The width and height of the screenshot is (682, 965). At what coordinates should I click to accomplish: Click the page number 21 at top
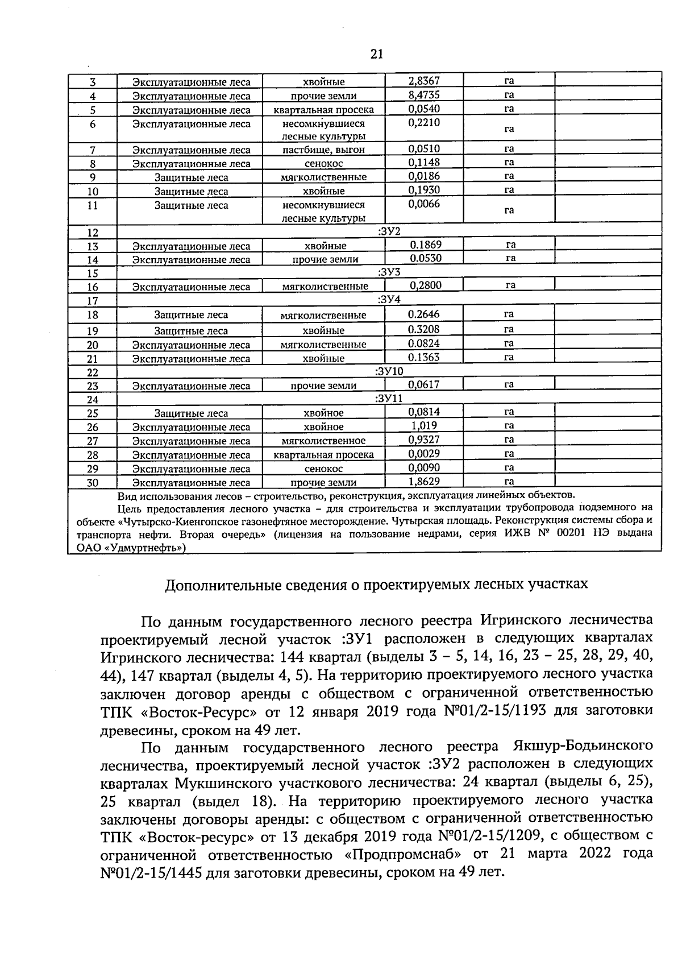(376, 54)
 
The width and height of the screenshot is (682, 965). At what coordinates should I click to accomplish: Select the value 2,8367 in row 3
(424, 81)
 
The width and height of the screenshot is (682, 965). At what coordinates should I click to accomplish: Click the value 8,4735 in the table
(424, 94)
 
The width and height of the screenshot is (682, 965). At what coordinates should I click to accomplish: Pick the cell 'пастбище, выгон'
(323, 150)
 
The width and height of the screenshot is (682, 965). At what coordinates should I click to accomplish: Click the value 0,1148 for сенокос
(424, 163)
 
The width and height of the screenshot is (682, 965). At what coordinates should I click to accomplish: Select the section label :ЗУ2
(389, 231)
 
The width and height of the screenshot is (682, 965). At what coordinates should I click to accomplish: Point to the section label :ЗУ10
(389, 371)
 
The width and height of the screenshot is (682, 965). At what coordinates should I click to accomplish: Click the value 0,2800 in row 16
(426, 285)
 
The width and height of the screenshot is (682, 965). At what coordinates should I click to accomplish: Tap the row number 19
(93, 331)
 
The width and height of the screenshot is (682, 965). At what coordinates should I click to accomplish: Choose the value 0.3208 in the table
(424, 329)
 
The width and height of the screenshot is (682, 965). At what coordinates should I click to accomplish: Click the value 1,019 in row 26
(424, 425)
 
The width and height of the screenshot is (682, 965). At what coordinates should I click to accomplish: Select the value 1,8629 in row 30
(424, 481)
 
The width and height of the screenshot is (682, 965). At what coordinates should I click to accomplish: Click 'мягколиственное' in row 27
(323, 441)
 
